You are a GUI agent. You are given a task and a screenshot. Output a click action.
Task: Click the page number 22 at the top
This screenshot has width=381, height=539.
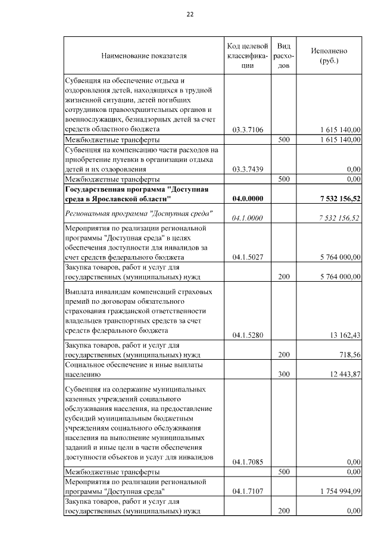point(190,14)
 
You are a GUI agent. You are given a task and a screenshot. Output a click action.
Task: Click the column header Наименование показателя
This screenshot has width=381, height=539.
point(144,56)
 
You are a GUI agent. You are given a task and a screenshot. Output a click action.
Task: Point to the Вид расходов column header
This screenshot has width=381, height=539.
point(284,56)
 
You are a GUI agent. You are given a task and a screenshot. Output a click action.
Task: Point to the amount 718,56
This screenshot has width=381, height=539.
point(348,354)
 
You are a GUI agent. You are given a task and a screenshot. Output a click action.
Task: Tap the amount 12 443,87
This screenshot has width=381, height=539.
point(343,374)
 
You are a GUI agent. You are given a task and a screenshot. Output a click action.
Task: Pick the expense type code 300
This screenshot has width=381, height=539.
point(284,374)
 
